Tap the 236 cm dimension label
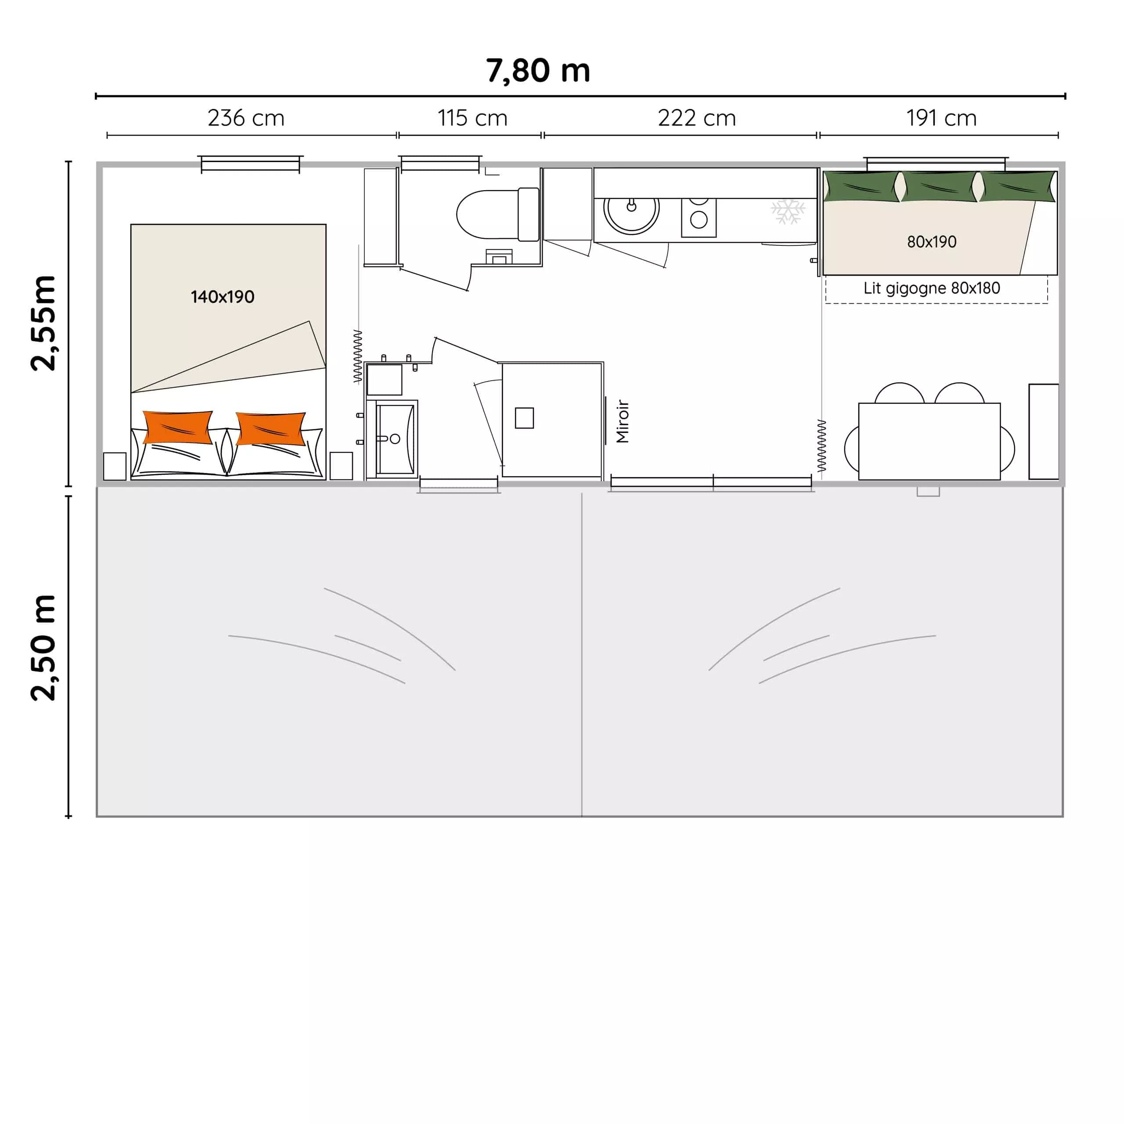(246, 118)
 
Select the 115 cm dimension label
(472, 118)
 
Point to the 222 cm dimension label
(697, 118)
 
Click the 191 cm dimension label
(941, 118)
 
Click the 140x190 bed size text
(222, 297)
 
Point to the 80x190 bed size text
(931, 241)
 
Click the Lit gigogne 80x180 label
(931, 288)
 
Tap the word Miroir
(623, 421)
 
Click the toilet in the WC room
(498, 214)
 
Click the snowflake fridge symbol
(788, 212)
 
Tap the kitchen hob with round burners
(699, 217)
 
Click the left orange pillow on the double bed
(178, 428)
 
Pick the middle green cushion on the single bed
(939, 186)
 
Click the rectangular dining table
(929, 441)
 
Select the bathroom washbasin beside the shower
(396, 439)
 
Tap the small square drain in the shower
(524, 418)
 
